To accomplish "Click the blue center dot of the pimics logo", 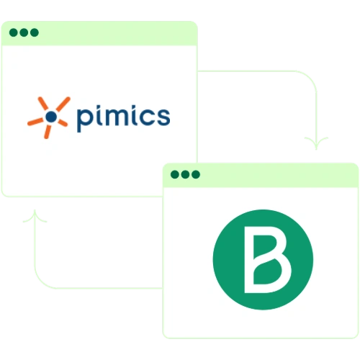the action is tap(51, 117).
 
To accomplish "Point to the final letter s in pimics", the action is tap(163, 117).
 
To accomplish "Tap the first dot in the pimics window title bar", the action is tap(14, 32).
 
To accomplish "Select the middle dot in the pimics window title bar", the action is tap(24, 32).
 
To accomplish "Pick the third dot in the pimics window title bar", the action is tap(35, 32).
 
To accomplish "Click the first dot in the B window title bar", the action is tap(175, 174).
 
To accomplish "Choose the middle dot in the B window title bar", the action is tap(185, 174).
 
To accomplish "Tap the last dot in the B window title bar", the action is tap(196, 174).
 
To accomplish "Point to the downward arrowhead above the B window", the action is tap(316, 143).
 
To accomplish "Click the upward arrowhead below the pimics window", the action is tap(35, 216).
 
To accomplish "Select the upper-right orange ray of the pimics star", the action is tap(63, 104).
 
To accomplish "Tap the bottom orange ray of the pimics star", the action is tap(48, 132).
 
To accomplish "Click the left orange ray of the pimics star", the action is tap(35, 122).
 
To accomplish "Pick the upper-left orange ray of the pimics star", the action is tap(43, 104).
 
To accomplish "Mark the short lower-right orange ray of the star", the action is tap(63, 123).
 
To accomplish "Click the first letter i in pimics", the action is tap(101, 115).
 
